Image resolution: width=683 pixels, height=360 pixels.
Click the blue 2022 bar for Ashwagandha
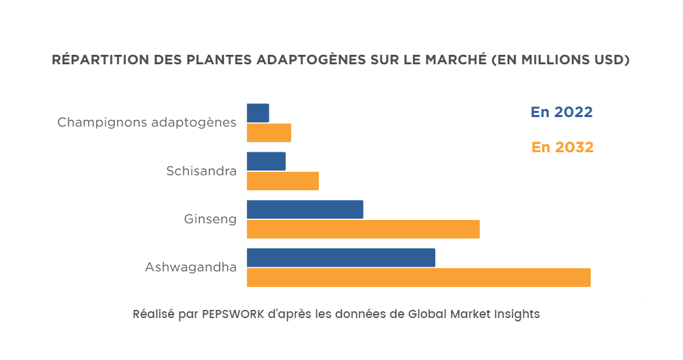coord(340,258)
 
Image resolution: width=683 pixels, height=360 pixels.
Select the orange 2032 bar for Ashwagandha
coord(418,277)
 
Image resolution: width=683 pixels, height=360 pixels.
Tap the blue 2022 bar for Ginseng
coord(305,210)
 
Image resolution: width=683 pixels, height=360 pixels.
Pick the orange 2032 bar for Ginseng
coord(363,229)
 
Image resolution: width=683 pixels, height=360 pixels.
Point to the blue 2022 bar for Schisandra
coord(266,161)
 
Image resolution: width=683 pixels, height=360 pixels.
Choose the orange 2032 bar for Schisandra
coord(282,181)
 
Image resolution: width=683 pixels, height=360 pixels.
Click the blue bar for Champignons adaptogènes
coord(258,113)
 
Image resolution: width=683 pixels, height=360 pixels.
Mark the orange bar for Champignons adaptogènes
coord(269,133)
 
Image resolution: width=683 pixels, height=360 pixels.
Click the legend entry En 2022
coord(561,112)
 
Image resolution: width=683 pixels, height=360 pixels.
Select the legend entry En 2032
coord(562,147)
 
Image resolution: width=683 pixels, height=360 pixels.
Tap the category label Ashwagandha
coord(190,267)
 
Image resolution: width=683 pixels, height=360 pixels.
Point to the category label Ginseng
coord(210,219)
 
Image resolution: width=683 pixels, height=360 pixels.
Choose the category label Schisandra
coord(201,171)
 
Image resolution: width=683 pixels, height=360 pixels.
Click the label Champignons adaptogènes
coord(147,122)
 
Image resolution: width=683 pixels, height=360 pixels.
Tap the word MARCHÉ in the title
coord(458,60)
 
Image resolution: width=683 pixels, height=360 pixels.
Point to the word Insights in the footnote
coord(516,315)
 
